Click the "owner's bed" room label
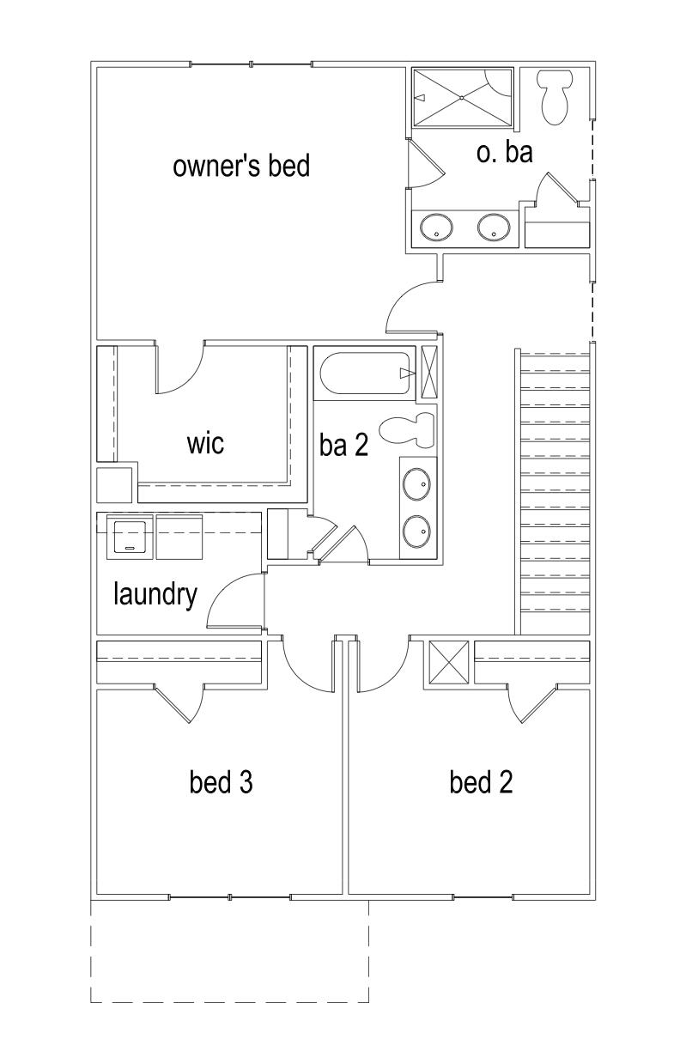pos(241,166)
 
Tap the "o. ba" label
pos(505,152)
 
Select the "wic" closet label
pos(205,443)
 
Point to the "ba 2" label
pos(343,445)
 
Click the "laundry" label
pos(155,593)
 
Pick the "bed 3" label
pos(220,782)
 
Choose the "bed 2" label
pos(481,782)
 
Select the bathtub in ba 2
pos(364,373)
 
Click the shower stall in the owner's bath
pos(462,98)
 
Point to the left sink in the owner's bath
pos(437,229)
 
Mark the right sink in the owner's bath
pos(493,229)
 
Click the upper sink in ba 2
pos(417,485)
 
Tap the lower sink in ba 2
pos(417,532)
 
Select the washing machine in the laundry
pos(130,537)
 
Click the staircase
pos(555,489)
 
